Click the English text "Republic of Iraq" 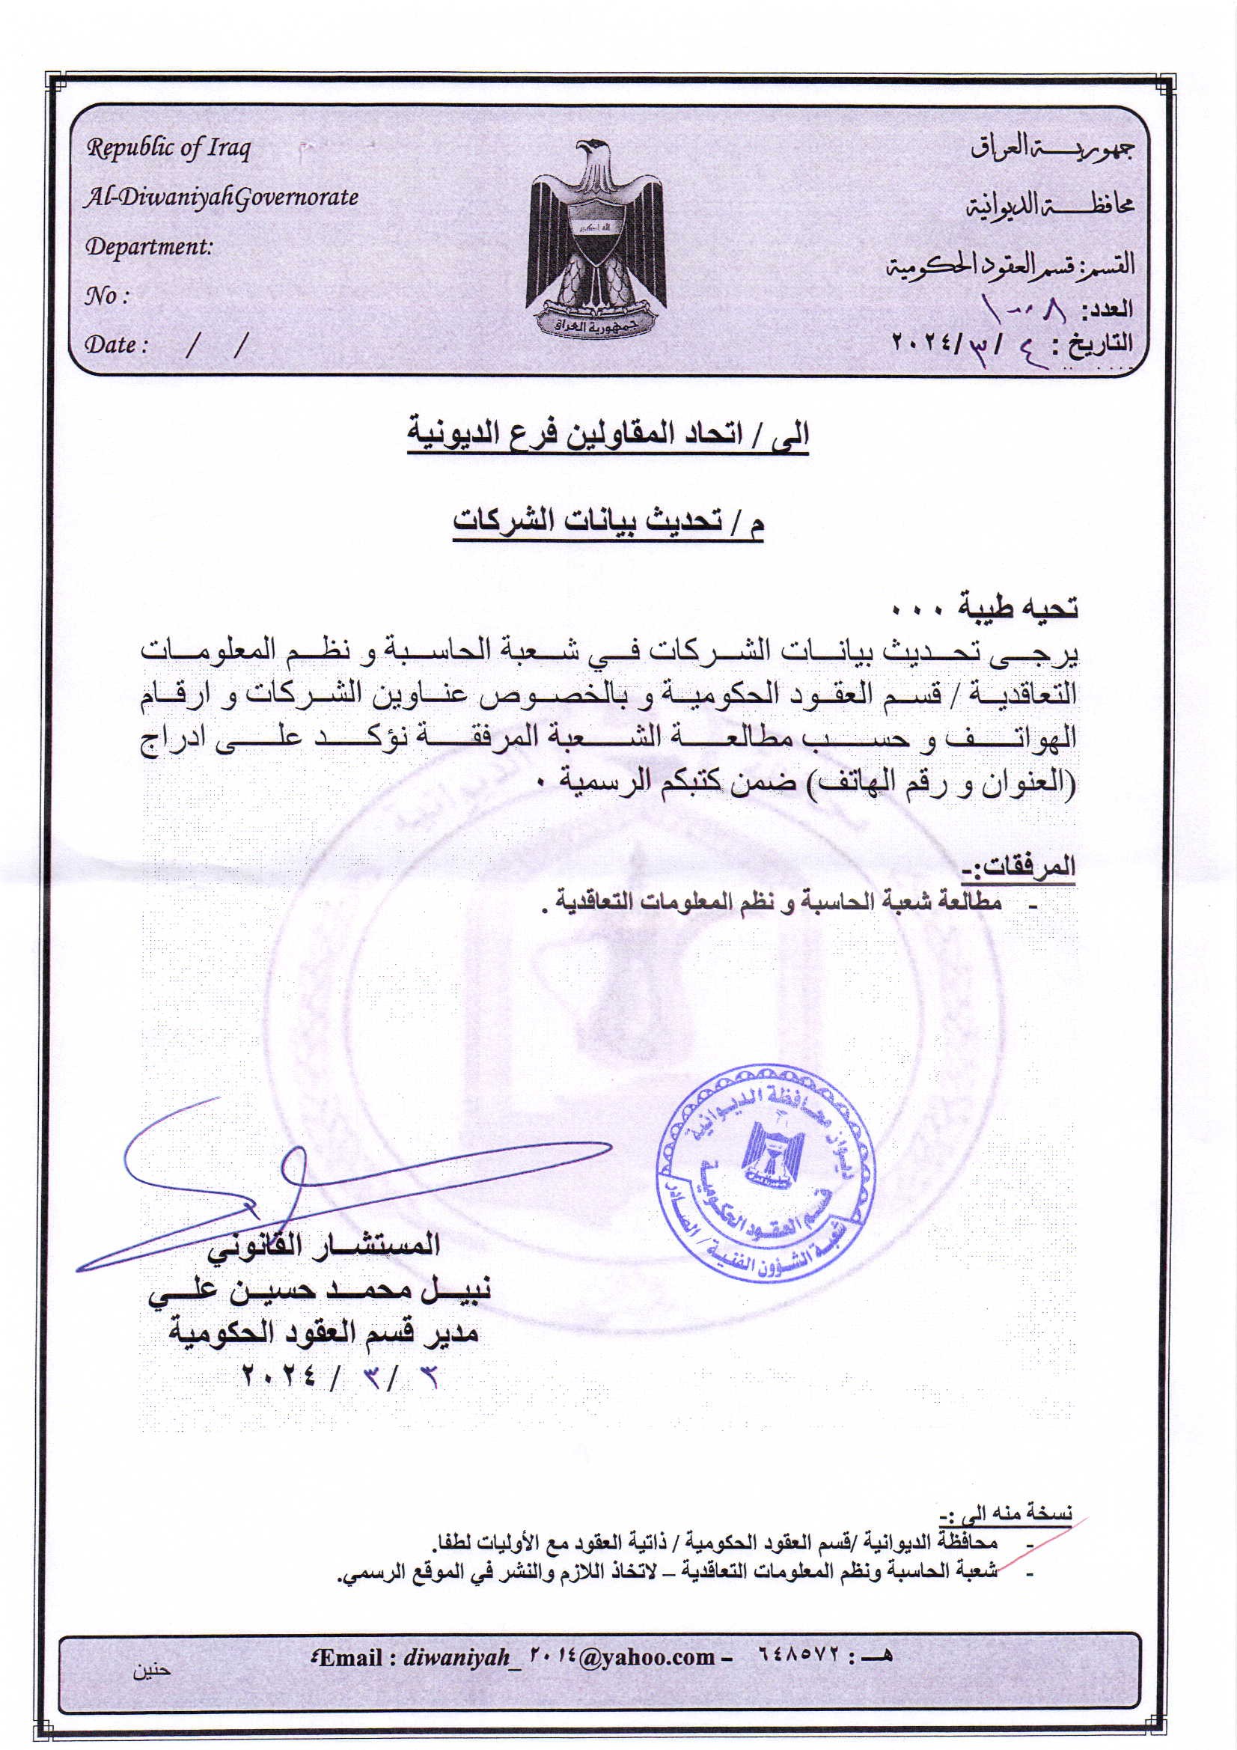pos(168,148)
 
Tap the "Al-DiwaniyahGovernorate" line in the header pos(221,198)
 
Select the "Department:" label pos(149,247)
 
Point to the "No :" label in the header pos(106,296)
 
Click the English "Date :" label pos(115,345)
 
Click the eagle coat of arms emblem pos(596,238)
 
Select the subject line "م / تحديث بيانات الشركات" pos(608,522)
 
